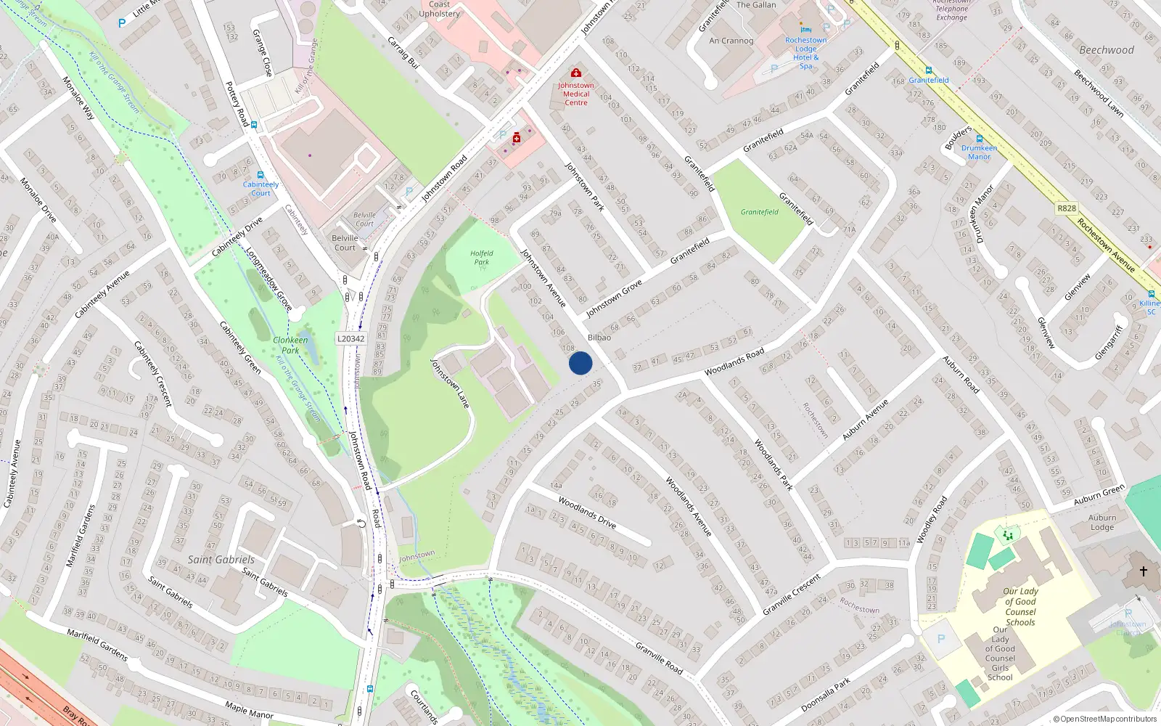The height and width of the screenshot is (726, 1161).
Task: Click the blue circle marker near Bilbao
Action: point(580,363)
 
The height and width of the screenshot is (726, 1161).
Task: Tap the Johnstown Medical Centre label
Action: point(576,94)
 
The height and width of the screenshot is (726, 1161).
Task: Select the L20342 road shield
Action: point(351,339)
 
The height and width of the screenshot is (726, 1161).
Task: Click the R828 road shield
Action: point(1067,208)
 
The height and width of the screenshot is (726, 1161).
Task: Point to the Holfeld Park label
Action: point(481,258)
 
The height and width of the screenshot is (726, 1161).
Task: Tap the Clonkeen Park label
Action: point(290,345)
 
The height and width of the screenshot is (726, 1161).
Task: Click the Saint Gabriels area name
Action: point(221,560)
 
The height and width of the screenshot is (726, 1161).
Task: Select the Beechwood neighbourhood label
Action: point(1107,50)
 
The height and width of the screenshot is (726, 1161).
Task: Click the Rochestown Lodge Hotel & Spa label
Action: point(806,53)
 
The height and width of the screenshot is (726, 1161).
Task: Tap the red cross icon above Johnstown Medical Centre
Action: point(576,73)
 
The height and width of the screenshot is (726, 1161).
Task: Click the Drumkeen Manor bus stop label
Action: point(979,152)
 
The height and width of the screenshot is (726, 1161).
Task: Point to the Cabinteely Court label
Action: point(260,189)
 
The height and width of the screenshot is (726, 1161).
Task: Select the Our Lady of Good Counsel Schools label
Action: point(1020,606)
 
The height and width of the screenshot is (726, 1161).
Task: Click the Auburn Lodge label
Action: point(1102,523)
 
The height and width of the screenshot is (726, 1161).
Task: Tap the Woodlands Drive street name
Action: point(587,512)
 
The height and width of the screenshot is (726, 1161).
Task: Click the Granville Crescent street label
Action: point(792,595)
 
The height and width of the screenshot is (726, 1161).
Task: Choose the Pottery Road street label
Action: point(237,104)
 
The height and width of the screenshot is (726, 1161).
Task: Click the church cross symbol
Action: point(1143,571)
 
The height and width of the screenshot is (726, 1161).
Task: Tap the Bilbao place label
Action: point(599,338)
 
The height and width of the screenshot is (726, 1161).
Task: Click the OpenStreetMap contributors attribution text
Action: point(1105,719)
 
